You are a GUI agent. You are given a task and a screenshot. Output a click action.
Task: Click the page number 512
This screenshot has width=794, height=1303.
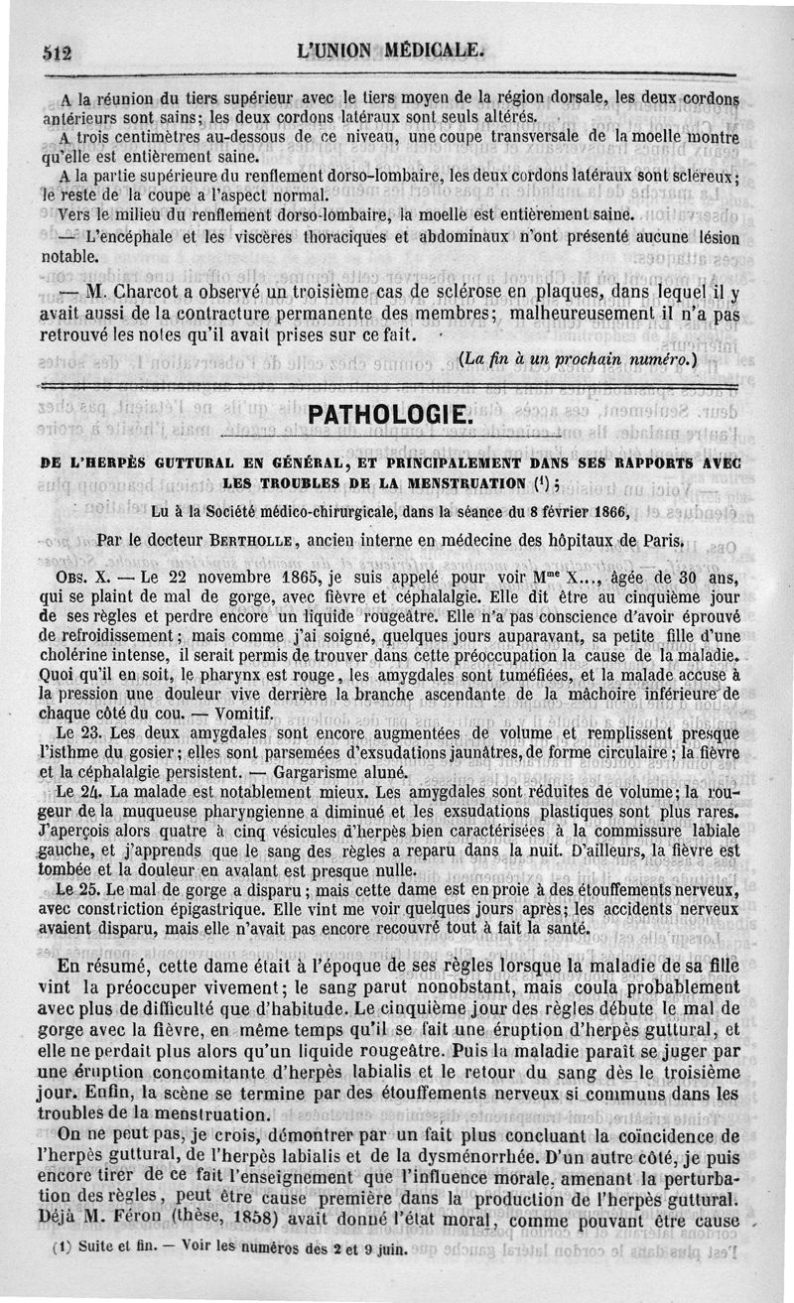58,54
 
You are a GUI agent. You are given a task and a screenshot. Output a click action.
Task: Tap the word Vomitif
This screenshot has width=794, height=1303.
243,713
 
